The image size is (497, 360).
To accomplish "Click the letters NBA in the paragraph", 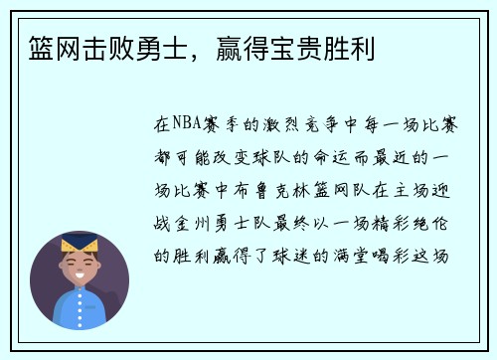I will tap(187, 126).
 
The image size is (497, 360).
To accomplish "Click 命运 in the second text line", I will tap(334, 158).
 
